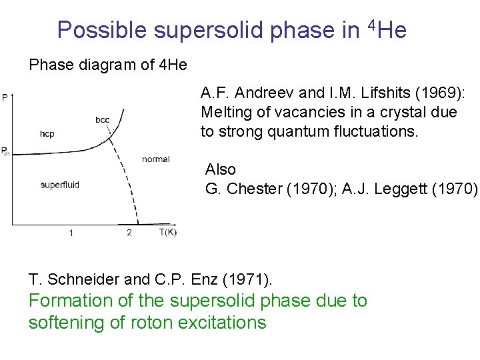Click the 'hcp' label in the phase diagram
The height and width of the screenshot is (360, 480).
coord(47,134)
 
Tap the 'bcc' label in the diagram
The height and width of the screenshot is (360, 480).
coord(103,120)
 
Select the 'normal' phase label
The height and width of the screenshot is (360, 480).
coord(156,159)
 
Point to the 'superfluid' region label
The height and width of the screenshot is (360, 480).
coord(60,185)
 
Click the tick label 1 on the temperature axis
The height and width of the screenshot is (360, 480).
coord(71,233)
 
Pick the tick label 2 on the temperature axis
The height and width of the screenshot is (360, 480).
coord(129,233)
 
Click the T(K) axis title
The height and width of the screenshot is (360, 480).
coord(168,232)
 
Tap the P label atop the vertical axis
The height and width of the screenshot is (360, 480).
coord(5,98)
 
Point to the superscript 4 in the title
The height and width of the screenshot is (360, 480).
coord(371,25)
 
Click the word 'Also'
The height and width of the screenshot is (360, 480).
coord(221,169)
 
